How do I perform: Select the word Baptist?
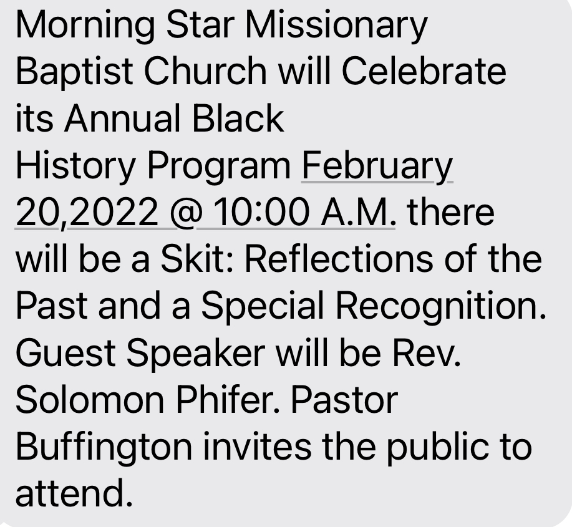tap(74, 72)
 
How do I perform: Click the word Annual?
tap(122, 118)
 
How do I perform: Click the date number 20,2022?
tap(87, 213)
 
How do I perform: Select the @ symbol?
tap(186, 214)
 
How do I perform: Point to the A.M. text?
tap(358, 213)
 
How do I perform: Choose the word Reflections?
tap(339, 259)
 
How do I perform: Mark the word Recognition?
tap(440, 307)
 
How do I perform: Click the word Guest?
tap(66, 353)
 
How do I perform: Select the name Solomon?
tap(90, 400)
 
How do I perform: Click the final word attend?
tap(74, 493)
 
